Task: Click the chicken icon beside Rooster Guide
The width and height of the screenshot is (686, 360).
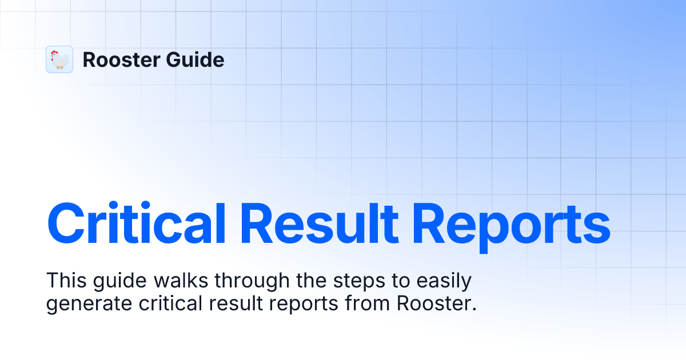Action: click(59, 59)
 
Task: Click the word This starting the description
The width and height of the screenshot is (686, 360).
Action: click(64, 281)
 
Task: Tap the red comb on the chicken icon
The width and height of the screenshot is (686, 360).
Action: click(54, 53)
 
